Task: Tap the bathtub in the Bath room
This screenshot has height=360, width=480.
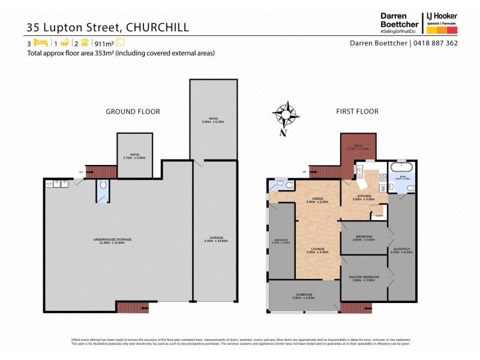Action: click(400, 167)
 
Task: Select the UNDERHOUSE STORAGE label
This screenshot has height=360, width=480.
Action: click(112, 240)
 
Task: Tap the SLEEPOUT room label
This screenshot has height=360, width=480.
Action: click(403, 250)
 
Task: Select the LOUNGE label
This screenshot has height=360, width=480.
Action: click(317, 250)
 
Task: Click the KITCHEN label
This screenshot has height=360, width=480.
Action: click(363, 197)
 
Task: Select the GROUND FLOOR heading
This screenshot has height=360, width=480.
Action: click(133, 112)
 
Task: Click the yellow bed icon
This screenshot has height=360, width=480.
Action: click(41, 43)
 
